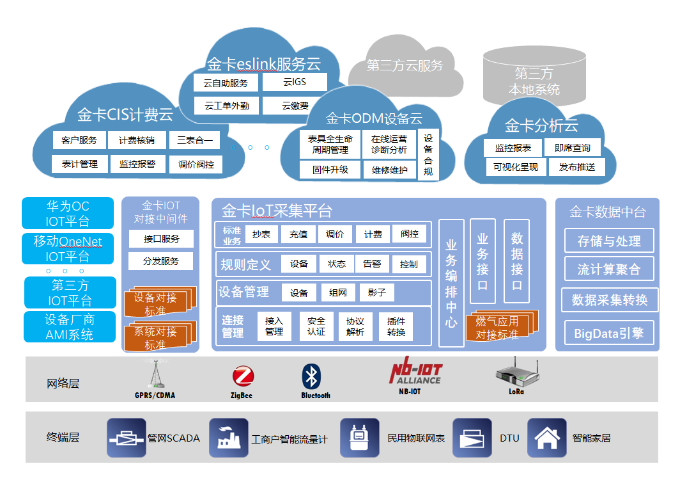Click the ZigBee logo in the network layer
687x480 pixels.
(x=242, y=377)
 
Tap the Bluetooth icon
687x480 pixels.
(x=311, y=377)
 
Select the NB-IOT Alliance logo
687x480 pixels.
(x=416, y=374)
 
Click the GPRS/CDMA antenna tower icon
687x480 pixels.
(x=155, y=374)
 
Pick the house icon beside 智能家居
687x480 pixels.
(x=546, y=438)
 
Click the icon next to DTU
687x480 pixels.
(x=472, y=438)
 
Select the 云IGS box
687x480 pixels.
(x=295, y=82)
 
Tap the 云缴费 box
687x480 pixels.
(x=295, y=106)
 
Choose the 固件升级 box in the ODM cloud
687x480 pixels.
(x=330, y=170)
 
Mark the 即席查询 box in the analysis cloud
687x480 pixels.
(x=573, y=148)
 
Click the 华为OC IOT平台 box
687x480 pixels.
(x=68, y=214)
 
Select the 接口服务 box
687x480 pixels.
(x=161, y=239)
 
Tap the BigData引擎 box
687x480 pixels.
(x=609, y=333)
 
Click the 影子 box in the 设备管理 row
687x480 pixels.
(x=377, y=292)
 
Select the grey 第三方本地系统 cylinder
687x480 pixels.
(x=534, y=77)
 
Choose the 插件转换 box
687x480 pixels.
(x=396, y=326)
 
